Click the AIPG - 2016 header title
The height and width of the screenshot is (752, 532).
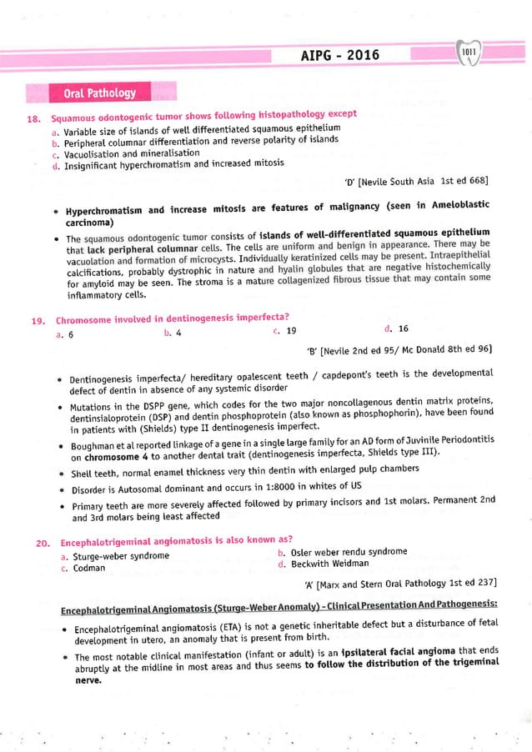tap(341, 55)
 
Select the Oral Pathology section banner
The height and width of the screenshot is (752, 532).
tap(100, 92)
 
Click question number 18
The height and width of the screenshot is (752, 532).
tap(33, 121)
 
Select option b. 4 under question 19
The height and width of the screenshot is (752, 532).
tap(173, 333)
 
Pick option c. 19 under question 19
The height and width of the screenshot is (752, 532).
tap(284, 330)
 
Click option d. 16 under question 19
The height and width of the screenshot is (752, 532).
tap(396, 328)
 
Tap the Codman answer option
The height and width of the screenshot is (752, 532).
tap(83, 568)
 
